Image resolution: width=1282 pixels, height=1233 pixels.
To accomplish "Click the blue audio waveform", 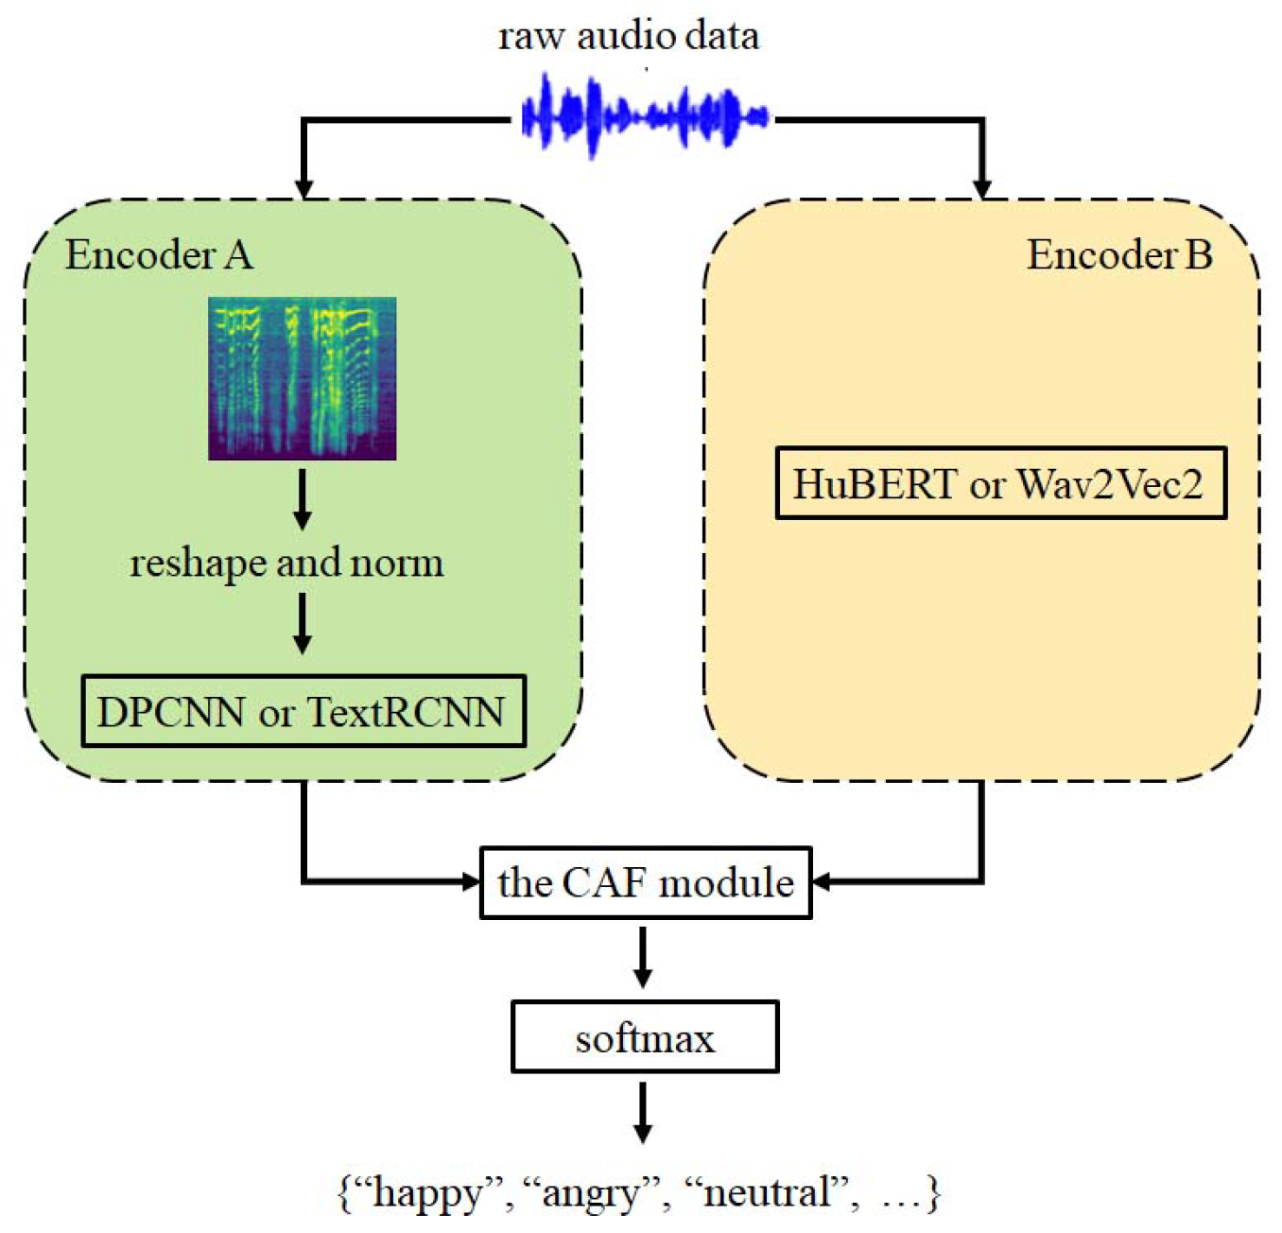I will coord(645,117).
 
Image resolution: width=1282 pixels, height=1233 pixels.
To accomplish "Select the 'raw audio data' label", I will coord(629,36).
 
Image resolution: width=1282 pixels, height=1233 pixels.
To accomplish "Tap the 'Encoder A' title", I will coord(159,255).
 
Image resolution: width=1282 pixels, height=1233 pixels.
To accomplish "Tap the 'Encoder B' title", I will coord(1119,255).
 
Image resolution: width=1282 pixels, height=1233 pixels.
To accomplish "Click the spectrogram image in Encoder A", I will coord(303,378).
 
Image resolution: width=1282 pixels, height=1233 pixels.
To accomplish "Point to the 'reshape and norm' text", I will coord(286,563).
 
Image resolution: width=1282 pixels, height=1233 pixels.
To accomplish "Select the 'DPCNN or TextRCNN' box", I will coord(303,711).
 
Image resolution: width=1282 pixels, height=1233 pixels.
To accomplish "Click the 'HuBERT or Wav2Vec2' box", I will coord(1000,484).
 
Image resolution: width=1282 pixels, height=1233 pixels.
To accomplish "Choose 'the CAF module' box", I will coord(646,882).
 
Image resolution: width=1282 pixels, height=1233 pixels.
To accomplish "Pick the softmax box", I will coord(645,1037).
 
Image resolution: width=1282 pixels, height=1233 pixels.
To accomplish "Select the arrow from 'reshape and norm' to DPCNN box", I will coord(303,624).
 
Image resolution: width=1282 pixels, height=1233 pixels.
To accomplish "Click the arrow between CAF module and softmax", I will coord(643,958).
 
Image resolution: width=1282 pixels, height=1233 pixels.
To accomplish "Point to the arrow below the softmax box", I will coord(643,1113).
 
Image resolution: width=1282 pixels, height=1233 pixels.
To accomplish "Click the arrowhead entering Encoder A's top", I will coord(303,186).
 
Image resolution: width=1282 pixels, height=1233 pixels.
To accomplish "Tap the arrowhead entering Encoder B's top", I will coord(982,186).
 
